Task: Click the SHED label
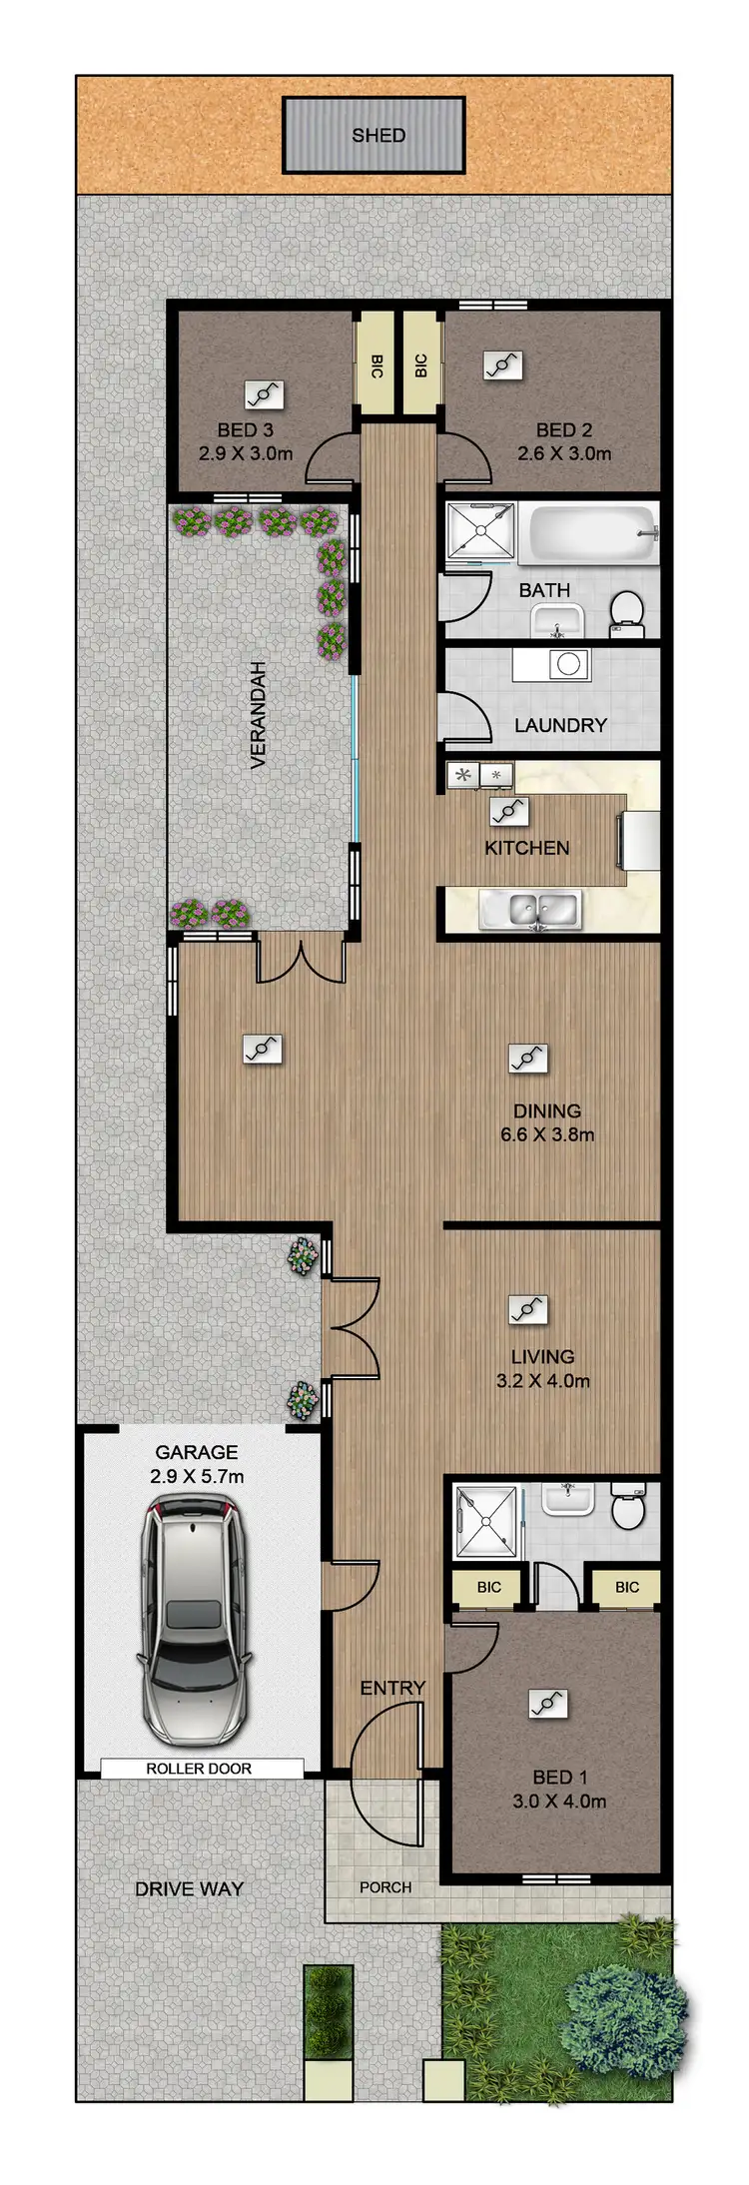(378, 135)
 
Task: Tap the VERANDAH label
(259, 714)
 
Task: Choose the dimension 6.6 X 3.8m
(547, 1134)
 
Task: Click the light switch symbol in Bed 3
(264, 394)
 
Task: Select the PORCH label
(385, 1887)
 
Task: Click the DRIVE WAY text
(189, 1888)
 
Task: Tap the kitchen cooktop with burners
(479, 774)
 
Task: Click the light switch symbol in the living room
(528, 1308)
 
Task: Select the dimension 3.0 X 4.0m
(558, 1802)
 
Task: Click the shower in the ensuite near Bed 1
(488, 1522)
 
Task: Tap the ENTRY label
(392, 1688)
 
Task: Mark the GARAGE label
(197, 1452)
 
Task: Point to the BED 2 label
(564, 430)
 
